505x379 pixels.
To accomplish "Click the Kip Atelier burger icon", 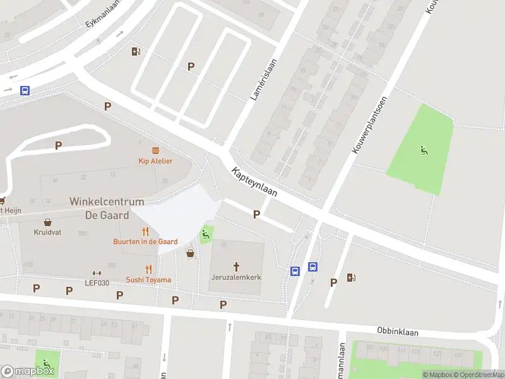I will pyautogui.click(x=155, y=150).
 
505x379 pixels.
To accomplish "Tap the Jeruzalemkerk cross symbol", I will pyautogui.click(x=237, y=267).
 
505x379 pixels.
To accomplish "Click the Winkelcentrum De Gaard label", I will pyautogui.click(x=106, y=208).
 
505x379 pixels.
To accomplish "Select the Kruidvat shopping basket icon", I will pyautogui.click(x=47, y=222).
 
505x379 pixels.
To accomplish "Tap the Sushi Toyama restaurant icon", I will pyautogui.click(x=148, y=268).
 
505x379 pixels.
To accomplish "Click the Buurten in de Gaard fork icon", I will pyautogui.click(x=145, y=231).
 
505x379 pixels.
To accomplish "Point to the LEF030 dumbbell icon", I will pyautogui.click(x=97, y=273).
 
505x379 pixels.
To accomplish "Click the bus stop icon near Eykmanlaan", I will pyautogui.click(x=25, y=90).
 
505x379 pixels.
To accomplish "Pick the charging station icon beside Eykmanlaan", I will pyautogui.click(x=136, y=52).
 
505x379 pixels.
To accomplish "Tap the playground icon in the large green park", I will pyautogui.click(x=423, y=150).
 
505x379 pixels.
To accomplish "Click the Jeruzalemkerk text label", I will pyautogui.click(x=237, y=277).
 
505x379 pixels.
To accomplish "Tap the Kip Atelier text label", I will pyautogui.click(x=155, y=161).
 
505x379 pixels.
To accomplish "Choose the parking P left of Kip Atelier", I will pyautogui.click(x=58, y=145).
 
